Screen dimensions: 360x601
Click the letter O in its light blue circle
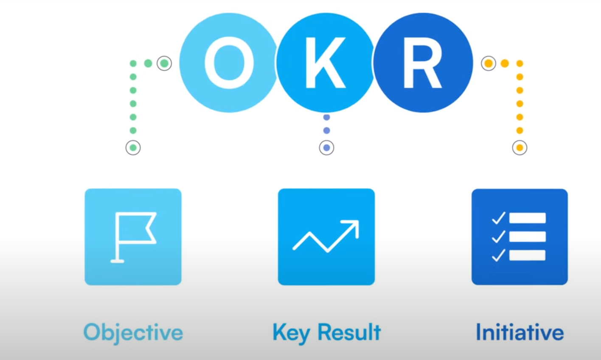click(229, 63)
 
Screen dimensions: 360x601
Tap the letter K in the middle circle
click(325, 63)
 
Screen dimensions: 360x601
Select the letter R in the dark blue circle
click(422, 63)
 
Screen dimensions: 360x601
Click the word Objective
click(133, 332)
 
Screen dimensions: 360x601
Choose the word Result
click(349, 332)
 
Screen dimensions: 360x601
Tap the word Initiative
click(520, 332)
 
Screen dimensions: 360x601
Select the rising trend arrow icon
click(326, 236)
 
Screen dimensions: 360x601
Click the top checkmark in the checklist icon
click(498, 218)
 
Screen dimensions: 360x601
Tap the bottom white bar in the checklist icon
click(527, 255)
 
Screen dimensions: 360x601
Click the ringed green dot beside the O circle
click(164, 63)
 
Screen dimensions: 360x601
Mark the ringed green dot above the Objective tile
click(133, 148)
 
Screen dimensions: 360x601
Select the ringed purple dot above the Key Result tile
click(326, 148)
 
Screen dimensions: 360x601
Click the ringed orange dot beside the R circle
click(489, 63)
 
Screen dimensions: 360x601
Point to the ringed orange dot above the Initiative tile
click(520, 148)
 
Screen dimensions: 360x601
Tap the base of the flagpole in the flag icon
click(118, 261)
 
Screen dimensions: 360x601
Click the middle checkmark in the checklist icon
click(498, 237)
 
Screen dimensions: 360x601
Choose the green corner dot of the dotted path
click(133, 64)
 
